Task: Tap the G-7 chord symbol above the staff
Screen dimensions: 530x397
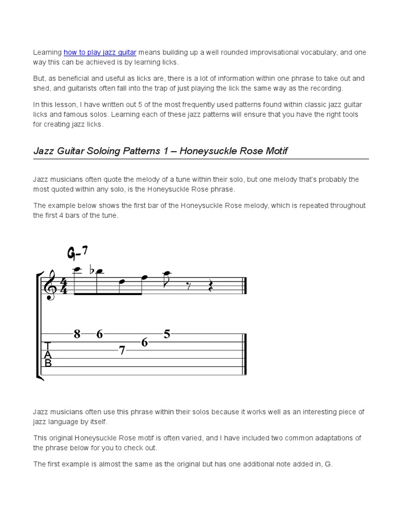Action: (x=78, y=253)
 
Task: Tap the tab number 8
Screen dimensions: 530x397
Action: (x=77, y=334)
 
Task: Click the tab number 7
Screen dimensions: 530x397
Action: (x=122, y=350)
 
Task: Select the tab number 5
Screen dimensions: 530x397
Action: (x=167, y=334)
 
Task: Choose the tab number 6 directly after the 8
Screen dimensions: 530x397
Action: (x=99, y=334)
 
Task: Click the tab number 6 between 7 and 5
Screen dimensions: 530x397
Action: (x=145, y=342)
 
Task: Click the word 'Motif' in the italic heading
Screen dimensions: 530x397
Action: (x=274, y=151)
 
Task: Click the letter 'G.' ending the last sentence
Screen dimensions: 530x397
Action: (x=329, y=464)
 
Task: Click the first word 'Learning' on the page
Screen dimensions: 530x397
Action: (x=48, y=52)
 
